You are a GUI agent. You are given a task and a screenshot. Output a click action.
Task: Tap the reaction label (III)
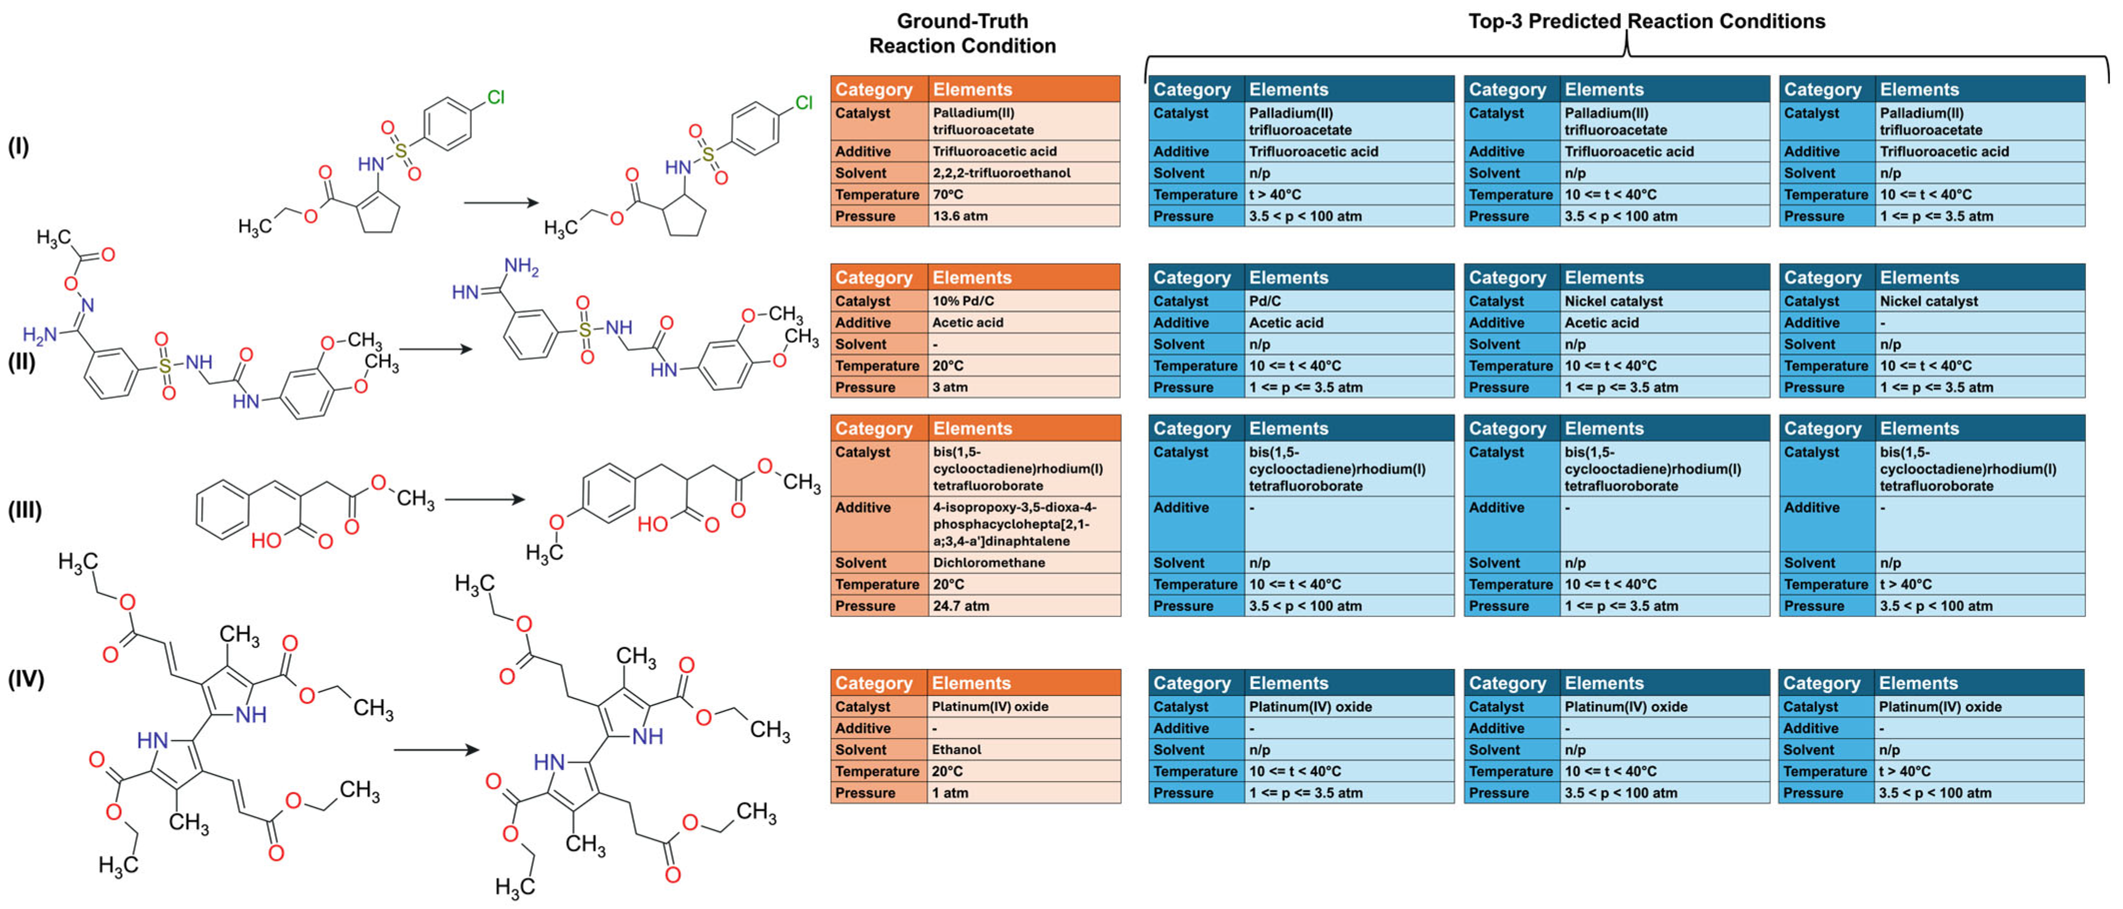(x=24, y=510)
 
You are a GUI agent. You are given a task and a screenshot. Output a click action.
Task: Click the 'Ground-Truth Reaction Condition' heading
(x=962, y=33)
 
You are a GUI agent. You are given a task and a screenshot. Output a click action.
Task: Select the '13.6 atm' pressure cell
(x=959, y=216)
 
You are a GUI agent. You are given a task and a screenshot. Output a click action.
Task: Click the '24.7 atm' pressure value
(x=960, y=605)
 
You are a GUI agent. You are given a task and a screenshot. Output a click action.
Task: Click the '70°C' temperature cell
(x=948, y=194)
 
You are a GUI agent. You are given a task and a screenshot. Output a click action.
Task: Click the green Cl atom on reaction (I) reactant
(x=495, y=97)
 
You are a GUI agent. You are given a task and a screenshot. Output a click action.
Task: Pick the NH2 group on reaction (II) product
(x=521, y=266)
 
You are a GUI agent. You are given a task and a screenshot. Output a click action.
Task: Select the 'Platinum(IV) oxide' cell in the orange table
(x=990, y=706)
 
